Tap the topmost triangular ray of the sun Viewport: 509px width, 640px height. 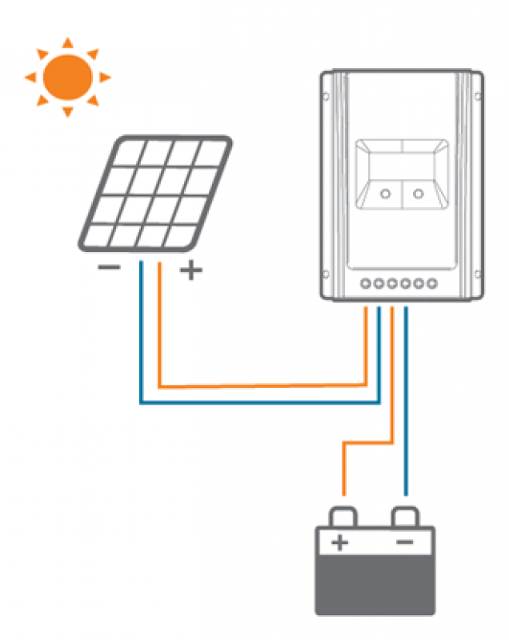pos(67,42)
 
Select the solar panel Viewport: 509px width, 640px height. pos(154,193)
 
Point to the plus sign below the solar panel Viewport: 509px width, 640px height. pos(190,270)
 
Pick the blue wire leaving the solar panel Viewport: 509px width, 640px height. pos(141,336)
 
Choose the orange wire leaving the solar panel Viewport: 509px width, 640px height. pos(161,328)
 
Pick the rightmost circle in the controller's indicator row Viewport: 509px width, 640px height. pos(432,282)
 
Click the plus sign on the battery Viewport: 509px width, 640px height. pos(340,544)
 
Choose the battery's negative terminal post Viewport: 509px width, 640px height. pos(406,516)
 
